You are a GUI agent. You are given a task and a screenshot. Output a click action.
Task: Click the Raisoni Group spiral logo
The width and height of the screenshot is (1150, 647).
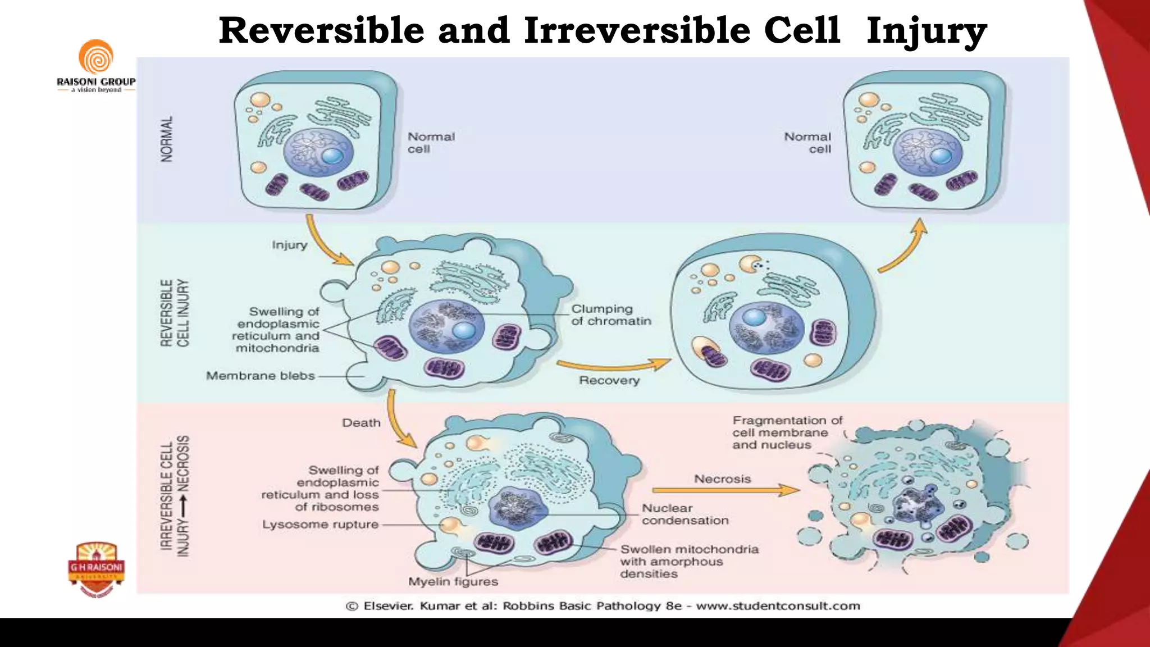[x=95, y=57]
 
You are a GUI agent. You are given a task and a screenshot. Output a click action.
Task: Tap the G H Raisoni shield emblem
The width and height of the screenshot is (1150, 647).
[x=97, y=568]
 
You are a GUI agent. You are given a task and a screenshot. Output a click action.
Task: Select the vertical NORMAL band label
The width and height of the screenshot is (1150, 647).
[x=167, y=139]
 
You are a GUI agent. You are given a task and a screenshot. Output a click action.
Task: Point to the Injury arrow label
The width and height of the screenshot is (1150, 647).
[x=289, y=245]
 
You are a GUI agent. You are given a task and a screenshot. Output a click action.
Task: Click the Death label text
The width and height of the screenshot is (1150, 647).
[x=361, y=423]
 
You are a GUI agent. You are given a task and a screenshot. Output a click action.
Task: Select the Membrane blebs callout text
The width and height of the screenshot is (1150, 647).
[x=260, y=376]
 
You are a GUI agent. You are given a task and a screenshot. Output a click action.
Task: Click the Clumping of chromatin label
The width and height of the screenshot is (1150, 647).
[x=611, y=315]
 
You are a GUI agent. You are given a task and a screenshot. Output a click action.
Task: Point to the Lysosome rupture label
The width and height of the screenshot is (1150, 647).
[x=320, y=525]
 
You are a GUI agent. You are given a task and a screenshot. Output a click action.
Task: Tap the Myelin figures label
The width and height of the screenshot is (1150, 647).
[x=453, y=582]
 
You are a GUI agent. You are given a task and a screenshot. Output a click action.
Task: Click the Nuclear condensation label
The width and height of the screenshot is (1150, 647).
[x=684, y=514]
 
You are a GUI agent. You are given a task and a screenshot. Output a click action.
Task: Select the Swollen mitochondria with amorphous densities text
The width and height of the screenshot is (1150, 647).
[x=689, y=561]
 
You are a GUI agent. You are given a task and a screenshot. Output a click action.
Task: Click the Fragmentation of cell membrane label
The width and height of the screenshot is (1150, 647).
[x=787, y=432]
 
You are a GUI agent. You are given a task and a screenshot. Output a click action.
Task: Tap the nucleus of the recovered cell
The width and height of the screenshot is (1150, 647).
[x=767, y=329]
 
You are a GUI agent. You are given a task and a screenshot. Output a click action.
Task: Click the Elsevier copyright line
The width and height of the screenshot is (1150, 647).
[x=603, y=606]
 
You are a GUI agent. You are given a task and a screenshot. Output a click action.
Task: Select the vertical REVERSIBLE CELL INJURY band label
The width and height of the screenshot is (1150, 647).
[x=175, y=313]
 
